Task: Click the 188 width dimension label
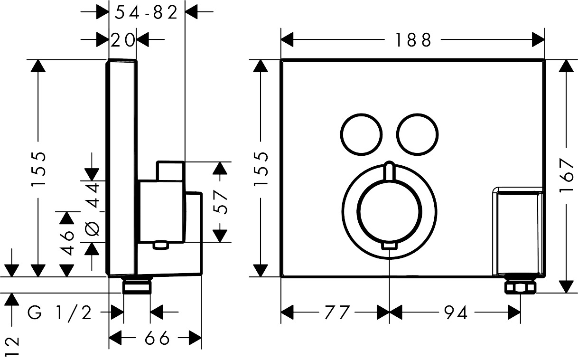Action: coord(412,40)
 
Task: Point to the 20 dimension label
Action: coord(122,40)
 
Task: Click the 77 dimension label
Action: coord(338,313)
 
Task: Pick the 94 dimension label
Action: coord(456,313)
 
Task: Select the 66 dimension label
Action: coord(157,338)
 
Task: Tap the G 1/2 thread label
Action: coord(60,313)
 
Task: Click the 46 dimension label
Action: coord(68,243)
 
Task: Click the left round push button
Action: coord(361,134)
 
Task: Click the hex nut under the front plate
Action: coord(521,287)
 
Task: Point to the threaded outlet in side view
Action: coord(137,286)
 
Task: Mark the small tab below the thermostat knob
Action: coord(389,246)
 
